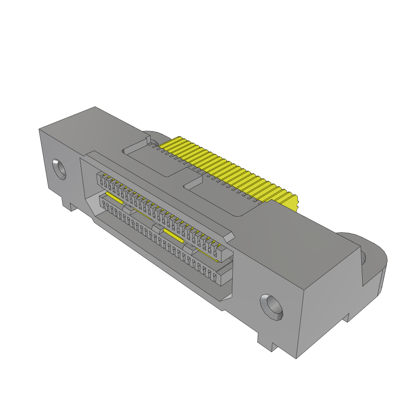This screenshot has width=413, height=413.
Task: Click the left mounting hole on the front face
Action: click(59, 169)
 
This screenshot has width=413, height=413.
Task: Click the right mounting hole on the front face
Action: click(272, 307)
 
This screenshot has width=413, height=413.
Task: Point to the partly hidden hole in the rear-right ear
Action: click(363, 257)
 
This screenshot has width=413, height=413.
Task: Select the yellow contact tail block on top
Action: click(226, 169)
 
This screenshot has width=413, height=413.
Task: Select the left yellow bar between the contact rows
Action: click(114, 197)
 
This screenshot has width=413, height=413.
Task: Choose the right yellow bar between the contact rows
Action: click(173, 236)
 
